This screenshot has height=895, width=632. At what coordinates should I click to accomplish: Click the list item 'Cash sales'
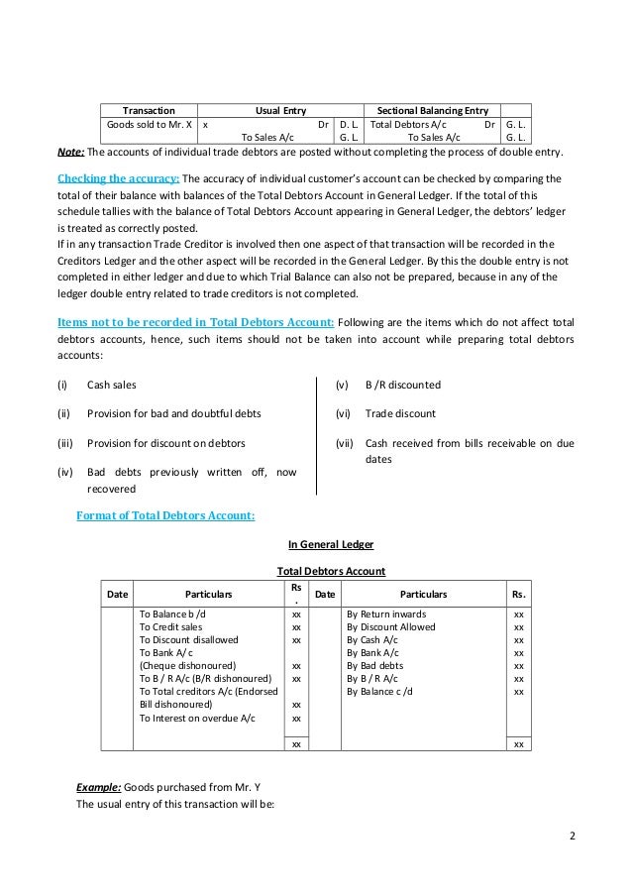click(112, 385)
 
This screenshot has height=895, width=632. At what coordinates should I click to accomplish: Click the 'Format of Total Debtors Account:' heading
click(165, 514)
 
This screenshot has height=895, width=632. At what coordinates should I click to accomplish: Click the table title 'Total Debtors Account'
click(330, 571)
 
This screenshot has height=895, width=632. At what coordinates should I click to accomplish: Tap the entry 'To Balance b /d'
click(173, 614)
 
